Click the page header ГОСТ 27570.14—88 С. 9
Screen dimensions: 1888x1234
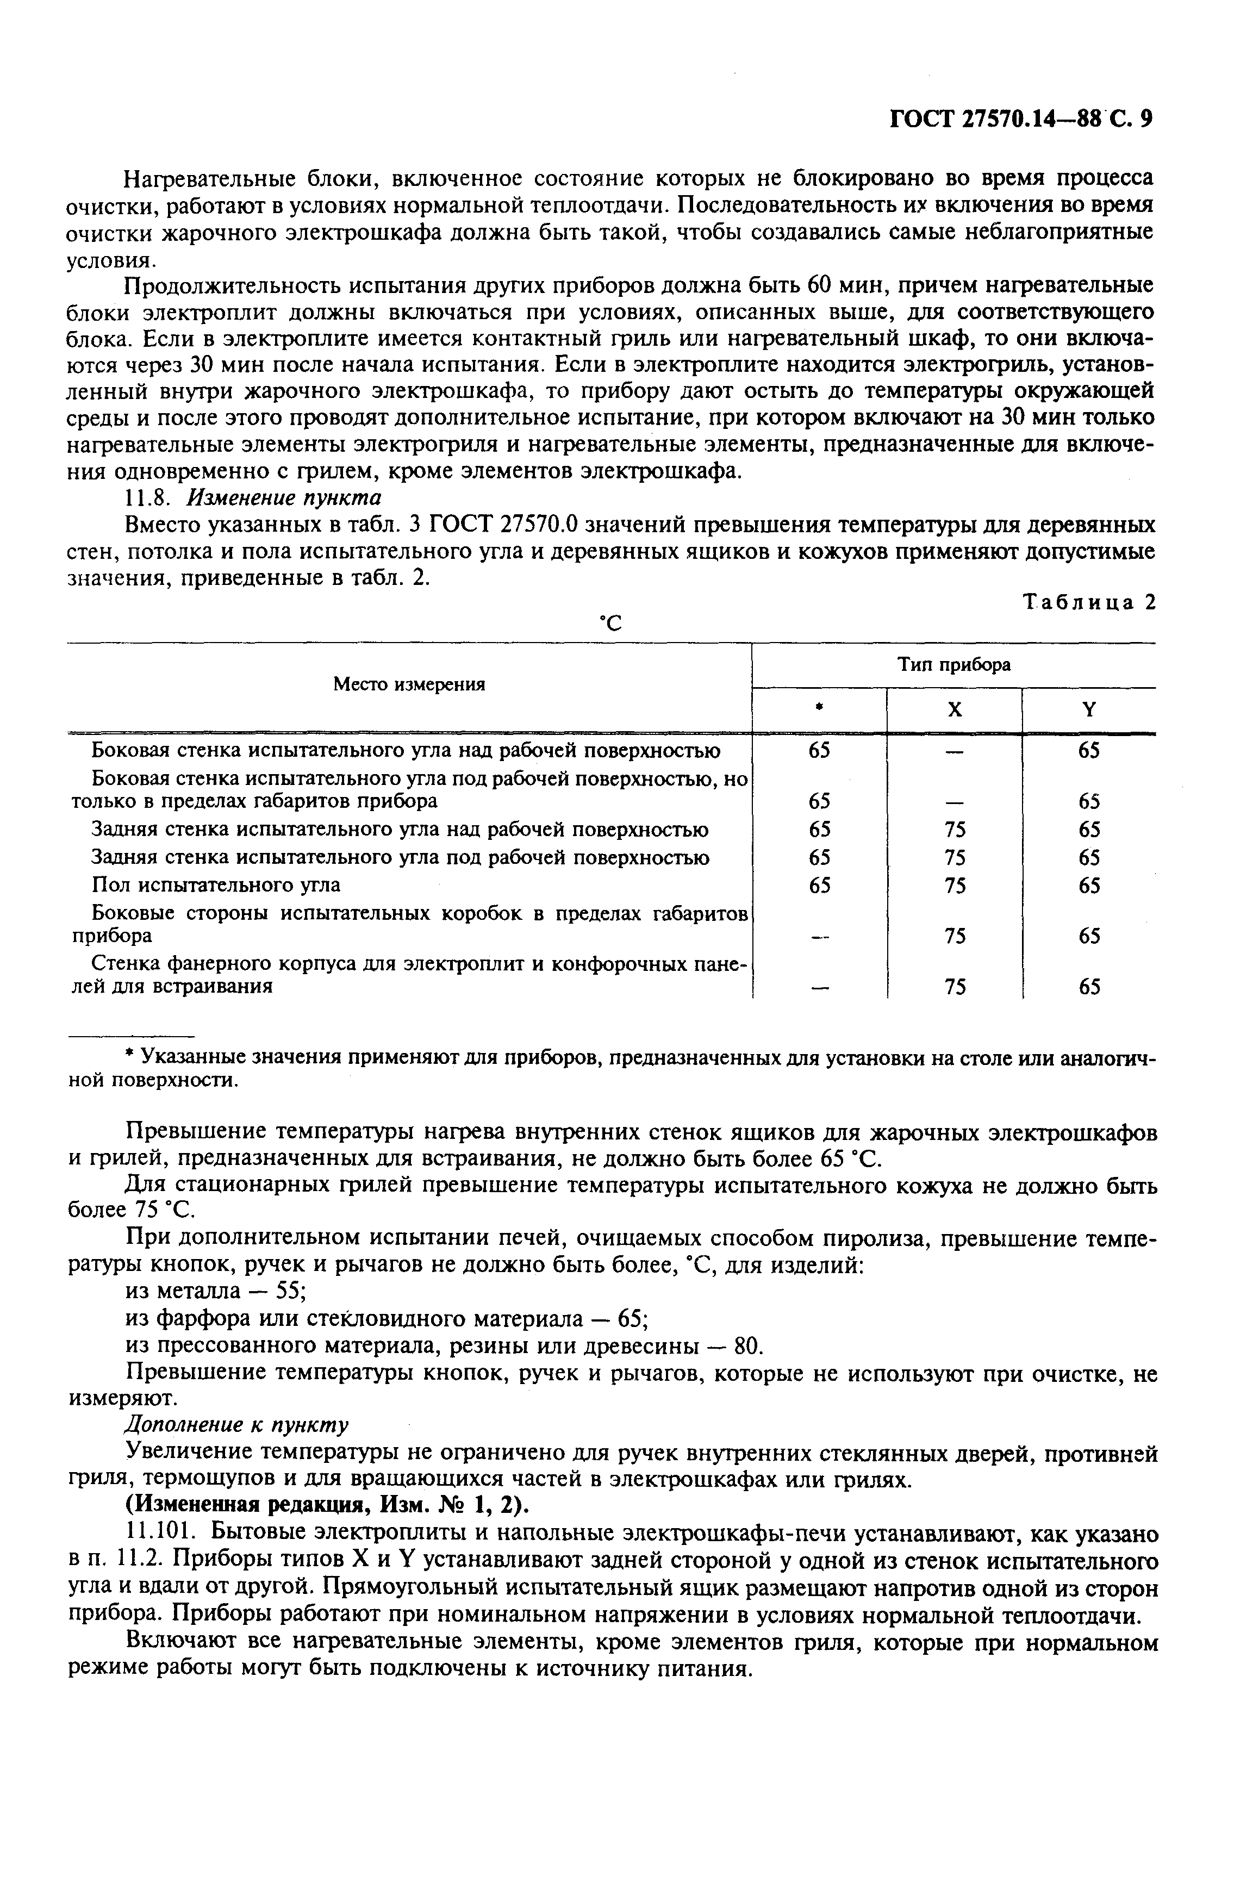1020,119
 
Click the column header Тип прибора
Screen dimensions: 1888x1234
953,665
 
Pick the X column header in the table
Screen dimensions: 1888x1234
955,711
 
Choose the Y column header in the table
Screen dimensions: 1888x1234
1089,711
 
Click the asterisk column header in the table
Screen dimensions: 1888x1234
820,708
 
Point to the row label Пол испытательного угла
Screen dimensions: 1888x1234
216,884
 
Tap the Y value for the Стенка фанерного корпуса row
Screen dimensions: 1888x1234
1089,987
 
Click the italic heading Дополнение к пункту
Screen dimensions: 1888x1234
236,1425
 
